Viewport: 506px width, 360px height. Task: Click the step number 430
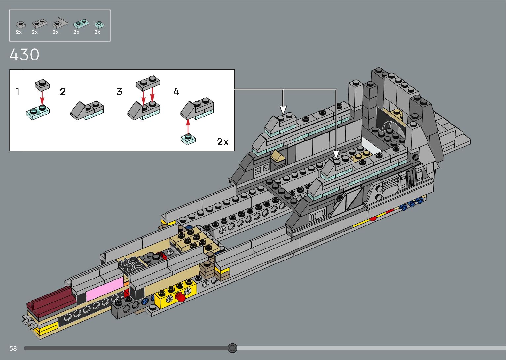point(24,55)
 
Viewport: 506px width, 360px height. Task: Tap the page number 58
point(13,348)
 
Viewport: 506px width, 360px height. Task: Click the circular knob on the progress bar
point(232,348)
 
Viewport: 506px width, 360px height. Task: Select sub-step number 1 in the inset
point(18,92)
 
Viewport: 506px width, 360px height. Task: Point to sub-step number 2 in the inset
point(63,92)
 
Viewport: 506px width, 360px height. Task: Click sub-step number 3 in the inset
point(119,92)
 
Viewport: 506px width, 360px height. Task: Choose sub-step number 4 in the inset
point(176,92)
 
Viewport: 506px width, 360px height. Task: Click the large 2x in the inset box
point(223,142)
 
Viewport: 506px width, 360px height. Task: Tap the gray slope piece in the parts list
point(60,23)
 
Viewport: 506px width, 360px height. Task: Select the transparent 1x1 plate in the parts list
point(99,24)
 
